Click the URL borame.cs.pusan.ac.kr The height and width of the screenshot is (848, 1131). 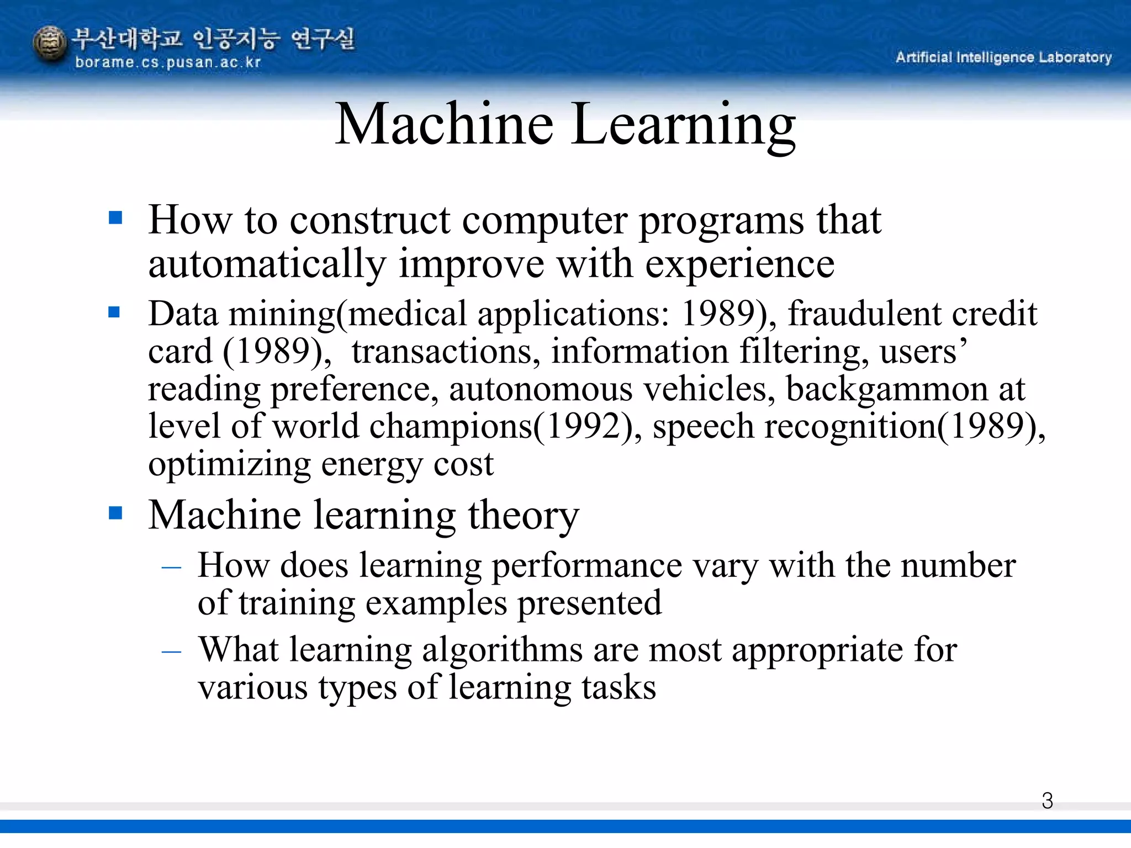pos(167,62)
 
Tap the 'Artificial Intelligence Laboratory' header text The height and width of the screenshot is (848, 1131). pos(1003,57)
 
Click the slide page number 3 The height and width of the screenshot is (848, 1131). pos(1047,801)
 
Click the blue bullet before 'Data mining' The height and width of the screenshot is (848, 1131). pos(114,312)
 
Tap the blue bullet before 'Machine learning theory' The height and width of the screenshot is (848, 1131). pos(115,513)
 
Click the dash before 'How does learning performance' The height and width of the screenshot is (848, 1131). pos(171,567)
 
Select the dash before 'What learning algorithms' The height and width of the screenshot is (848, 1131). pos(171,651)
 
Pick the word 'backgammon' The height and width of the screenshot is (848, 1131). pos(887,389)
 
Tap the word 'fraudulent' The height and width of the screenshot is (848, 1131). pos(864,314)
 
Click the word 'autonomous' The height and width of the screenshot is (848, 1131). pos(540,389)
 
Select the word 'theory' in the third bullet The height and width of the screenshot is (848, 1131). pos(524,516)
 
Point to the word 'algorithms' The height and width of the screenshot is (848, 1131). pos(502,650)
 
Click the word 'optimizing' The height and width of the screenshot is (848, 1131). pos(229,465)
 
